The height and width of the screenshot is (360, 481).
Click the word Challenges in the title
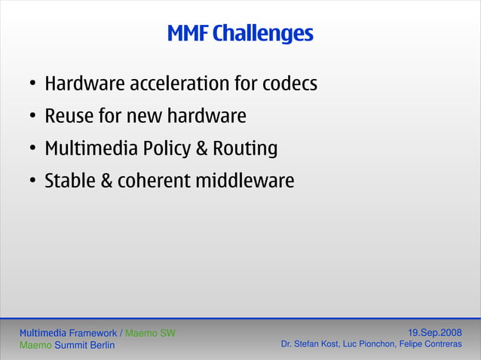tap(262, 35)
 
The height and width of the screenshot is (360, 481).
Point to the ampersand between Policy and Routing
tap(201, 149)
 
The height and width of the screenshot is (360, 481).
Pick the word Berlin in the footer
tap(100, 346)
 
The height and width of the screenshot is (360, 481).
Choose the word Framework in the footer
tap(93, 333)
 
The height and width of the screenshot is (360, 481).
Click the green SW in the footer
tap(167, 333)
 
